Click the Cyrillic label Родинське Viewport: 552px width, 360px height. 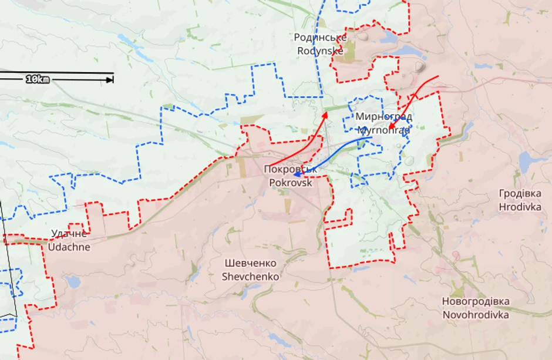[x=320, y=38]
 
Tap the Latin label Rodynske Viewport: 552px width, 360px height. [x=320, y=51]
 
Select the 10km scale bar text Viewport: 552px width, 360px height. [x=38, y=79]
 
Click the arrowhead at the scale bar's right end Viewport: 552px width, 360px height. [x=110, y=79]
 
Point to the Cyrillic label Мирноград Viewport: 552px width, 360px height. [x=383, y=116]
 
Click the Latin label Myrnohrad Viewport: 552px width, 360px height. [x=383, y=129]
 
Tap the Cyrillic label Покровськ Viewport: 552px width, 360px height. [x=291, y=169]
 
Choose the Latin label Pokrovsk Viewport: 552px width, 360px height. [x=291, y=182]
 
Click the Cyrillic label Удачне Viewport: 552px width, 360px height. [x=69, y=234]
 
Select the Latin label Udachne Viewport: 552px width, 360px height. [x=69, y=247]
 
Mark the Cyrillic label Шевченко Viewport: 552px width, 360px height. [x=250, y=263]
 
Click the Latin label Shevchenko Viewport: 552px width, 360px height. [x=250, y=276]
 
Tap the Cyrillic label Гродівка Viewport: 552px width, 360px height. [x=520, y=193]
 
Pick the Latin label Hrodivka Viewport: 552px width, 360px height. [x=520, y=206]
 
